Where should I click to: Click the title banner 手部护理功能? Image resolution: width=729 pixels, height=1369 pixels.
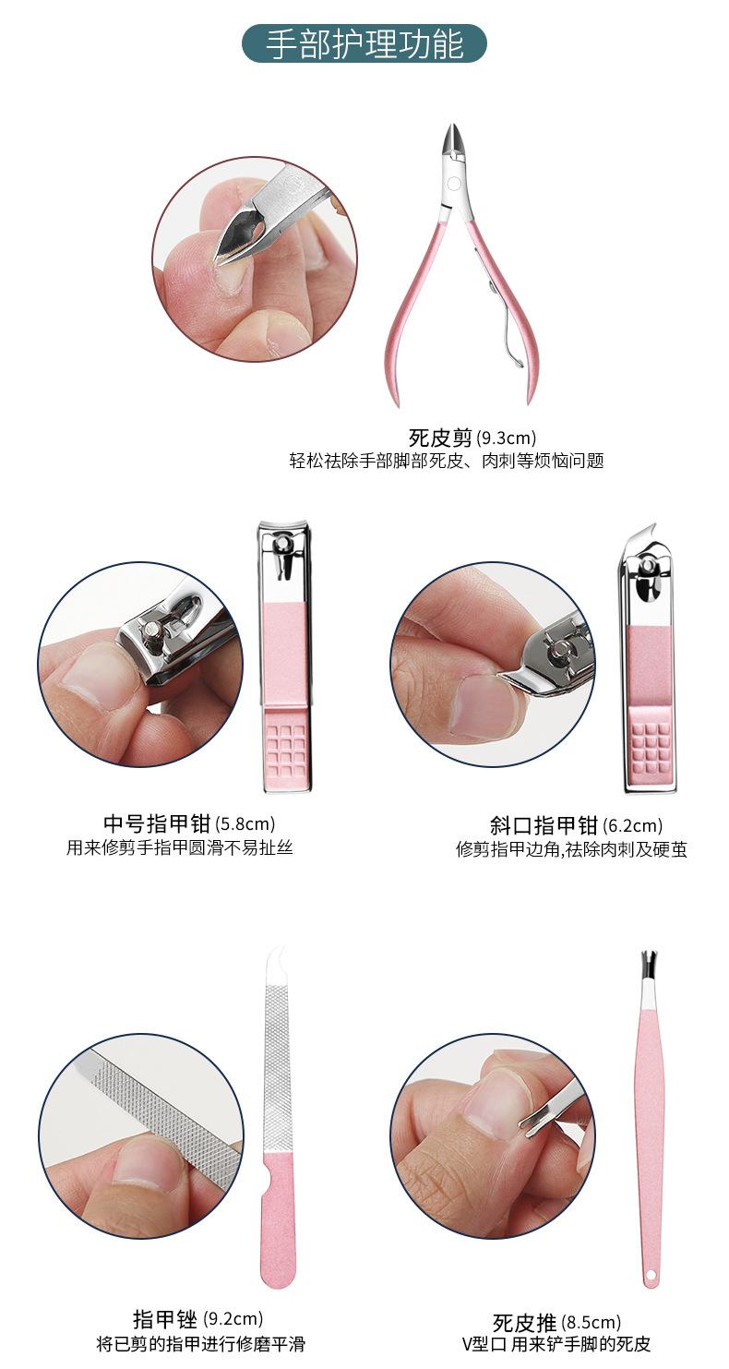(364, 43)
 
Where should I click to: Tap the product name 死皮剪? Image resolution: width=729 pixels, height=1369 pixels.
(440, 438)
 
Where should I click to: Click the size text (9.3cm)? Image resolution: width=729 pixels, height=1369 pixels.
(506, 438)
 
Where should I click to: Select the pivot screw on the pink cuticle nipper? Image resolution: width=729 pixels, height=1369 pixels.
(453, 184)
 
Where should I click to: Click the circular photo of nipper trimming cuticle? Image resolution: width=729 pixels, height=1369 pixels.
(254, 258)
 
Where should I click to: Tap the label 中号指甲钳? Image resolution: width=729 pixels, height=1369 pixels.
(157, 823)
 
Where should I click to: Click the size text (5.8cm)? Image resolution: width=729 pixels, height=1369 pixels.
(245, 823)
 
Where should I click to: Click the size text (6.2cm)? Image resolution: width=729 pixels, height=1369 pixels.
(632, 826)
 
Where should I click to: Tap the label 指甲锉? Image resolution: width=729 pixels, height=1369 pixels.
(165, 1319)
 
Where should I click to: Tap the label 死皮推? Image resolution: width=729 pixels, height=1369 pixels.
(524, 1323)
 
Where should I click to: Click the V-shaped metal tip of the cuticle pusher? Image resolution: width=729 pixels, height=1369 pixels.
(650, 965)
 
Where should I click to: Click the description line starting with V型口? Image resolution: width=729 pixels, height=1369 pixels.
(556, 1344)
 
